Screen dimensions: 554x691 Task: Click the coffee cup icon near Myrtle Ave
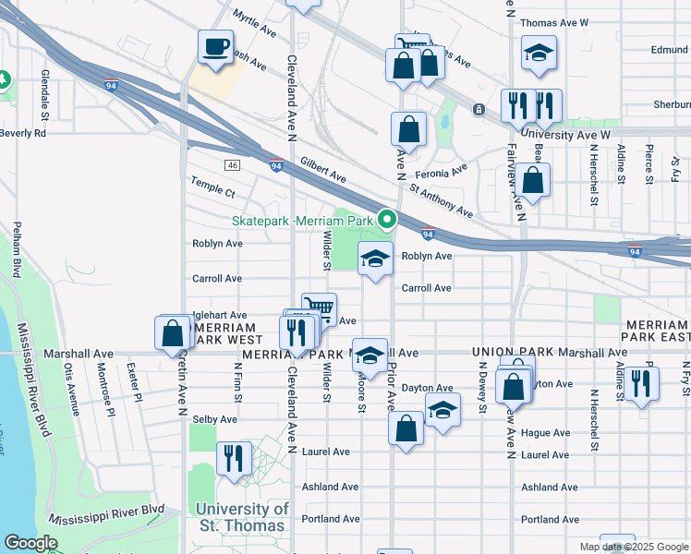click(215, 47)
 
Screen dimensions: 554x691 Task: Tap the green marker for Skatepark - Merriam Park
click(388, 220)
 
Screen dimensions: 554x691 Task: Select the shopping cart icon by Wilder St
click(319, 308)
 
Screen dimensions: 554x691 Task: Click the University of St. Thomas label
click(242, 517)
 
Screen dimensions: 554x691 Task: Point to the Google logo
click(30, 543)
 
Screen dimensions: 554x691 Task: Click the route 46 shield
click(231, 165)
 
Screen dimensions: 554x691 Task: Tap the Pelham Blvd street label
click(17, 249)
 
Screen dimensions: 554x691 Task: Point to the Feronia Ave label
click(441, 172)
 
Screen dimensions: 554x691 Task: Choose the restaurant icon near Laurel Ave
click(234, 458)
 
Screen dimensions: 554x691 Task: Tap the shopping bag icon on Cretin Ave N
click(173, 333)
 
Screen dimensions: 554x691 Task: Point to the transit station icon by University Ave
click(479, 110)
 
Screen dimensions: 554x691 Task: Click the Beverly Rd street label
click(23, 133)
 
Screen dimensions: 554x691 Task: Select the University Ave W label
click(565, 135)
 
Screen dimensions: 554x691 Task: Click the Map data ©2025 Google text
click(632, 547)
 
